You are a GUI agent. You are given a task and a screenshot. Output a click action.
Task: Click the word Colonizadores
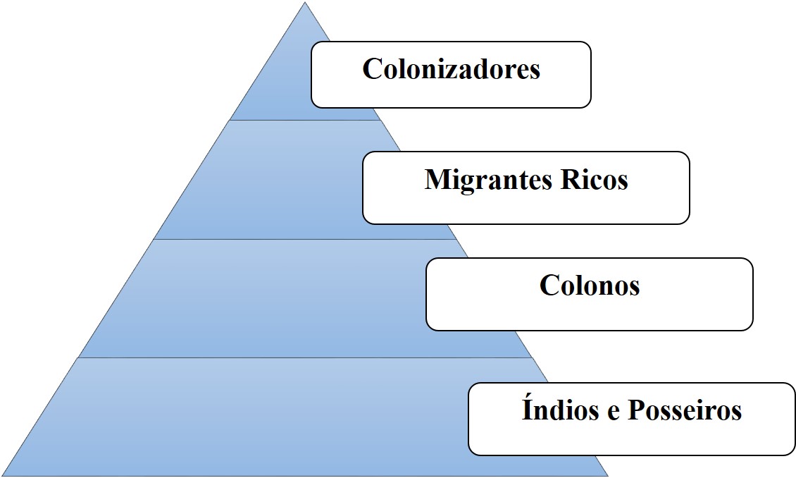[451, 69]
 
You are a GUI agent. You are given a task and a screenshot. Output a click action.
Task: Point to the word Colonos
[590, 285]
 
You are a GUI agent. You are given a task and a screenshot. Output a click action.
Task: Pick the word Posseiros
[684, 410]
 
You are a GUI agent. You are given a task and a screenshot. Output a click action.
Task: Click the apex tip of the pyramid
[306, 4]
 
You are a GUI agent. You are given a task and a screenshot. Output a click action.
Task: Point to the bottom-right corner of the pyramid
[607, 475]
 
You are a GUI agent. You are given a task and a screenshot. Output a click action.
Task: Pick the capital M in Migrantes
[437, 180]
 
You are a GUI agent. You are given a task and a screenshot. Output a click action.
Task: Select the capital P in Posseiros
[638, 410]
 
